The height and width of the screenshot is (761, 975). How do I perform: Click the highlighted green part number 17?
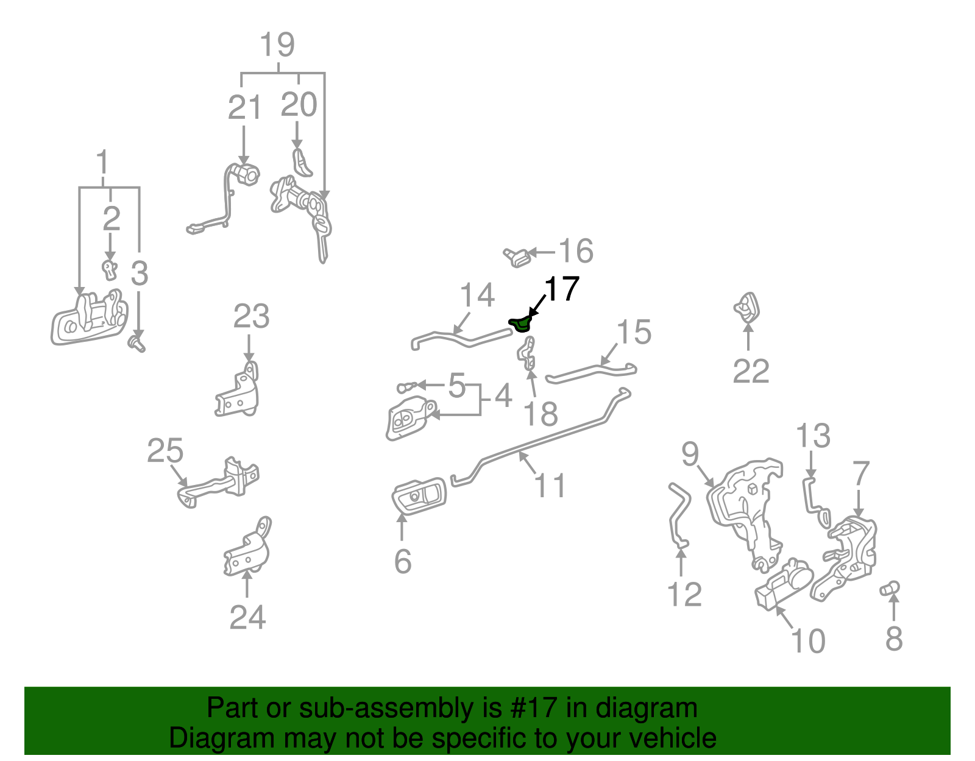519,324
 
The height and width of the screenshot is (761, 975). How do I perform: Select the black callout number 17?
561,289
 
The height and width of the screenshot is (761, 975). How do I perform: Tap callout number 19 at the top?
277,46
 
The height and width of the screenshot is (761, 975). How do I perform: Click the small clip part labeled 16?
517,258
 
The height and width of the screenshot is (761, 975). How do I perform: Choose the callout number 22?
751,371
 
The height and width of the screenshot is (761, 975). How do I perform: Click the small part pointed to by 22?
747,308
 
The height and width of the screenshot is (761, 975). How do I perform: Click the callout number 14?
477,296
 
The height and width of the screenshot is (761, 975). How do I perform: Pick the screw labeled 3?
138,344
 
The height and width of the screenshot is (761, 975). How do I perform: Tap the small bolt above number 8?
890,589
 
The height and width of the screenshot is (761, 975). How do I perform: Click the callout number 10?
807,641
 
